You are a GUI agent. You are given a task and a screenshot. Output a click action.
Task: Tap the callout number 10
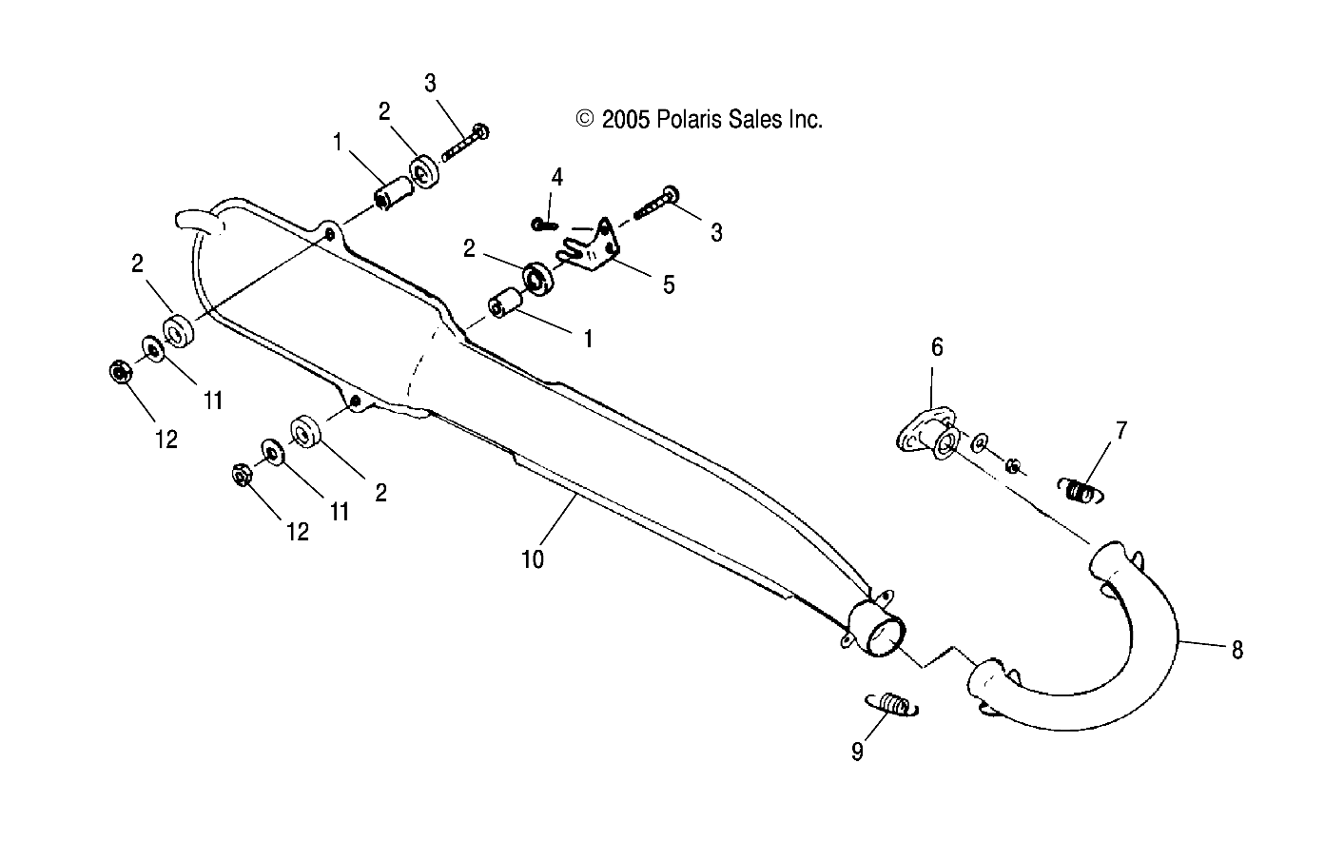click(x=533, y=559)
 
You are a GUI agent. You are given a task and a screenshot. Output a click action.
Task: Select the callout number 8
click(x=1237, y=650)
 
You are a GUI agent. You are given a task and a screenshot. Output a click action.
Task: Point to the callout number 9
click(x=857, y=752)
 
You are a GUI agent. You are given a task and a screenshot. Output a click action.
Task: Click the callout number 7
click(x=1120, y=430)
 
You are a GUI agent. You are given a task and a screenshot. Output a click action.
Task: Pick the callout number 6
click(x=937, y=347)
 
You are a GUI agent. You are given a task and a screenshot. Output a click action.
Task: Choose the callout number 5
click(x=669, y=284)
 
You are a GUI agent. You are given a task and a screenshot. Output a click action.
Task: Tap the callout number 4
click(x=557, y=176)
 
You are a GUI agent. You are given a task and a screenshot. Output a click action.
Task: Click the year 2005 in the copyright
click(x=625, y=119)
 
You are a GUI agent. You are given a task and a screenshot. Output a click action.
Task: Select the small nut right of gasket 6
click(x=1014, y=465)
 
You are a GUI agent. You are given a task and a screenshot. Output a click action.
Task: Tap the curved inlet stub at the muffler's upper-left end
click(x=198, y=223)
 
